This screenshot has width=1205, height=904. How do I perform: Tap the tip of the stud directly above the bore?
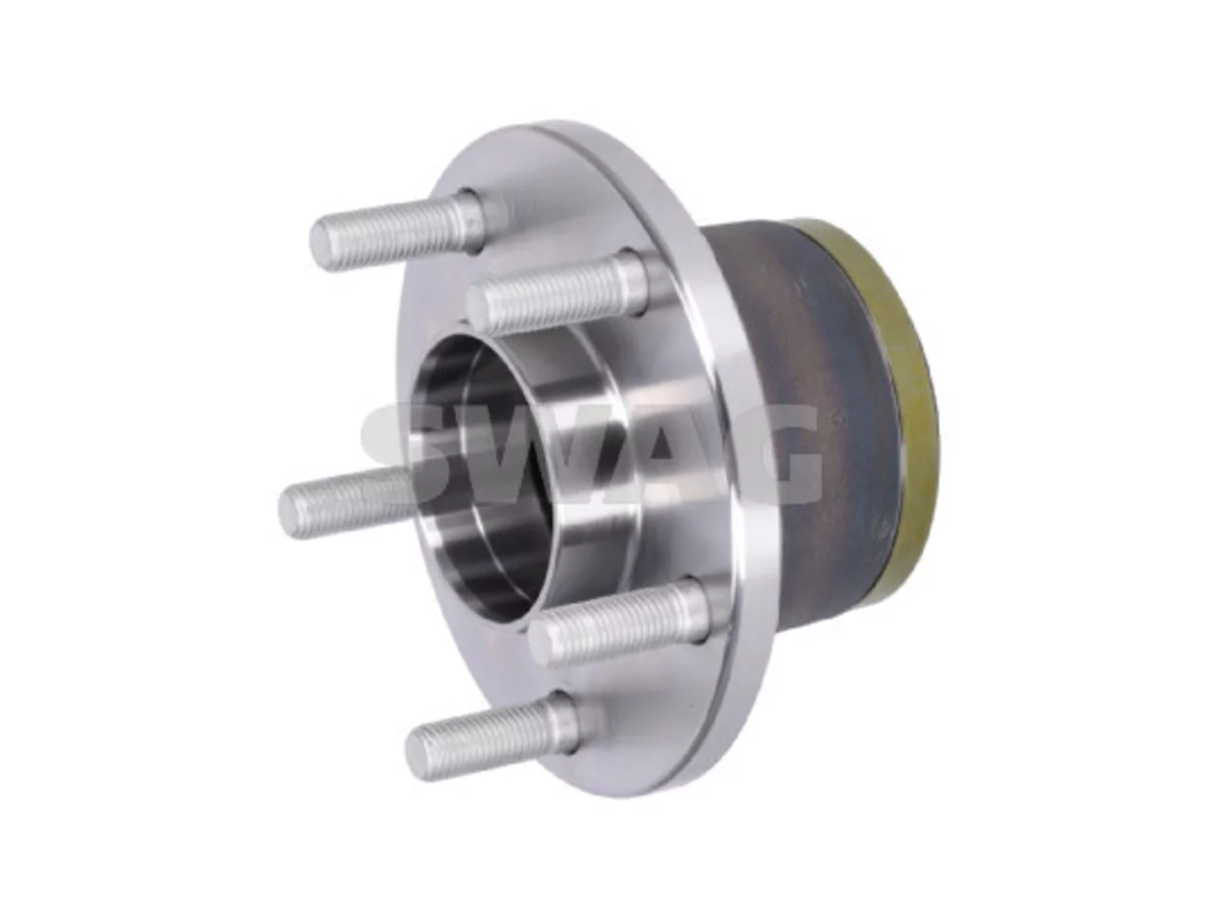479,309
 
